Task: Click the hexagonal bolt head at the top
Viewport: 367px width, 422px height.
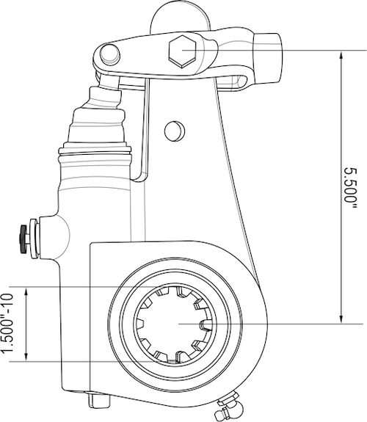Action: point(181,51)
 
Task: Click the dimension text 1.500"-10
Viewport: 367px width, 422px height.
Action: point(10,324)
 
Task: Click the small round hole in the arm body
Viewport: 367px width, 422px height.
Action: point(174,130)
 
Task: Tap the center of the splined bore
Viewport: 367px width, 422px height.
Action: point(175,324)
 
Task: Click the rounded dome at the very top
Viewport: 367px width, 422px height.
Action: point(175,16)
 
